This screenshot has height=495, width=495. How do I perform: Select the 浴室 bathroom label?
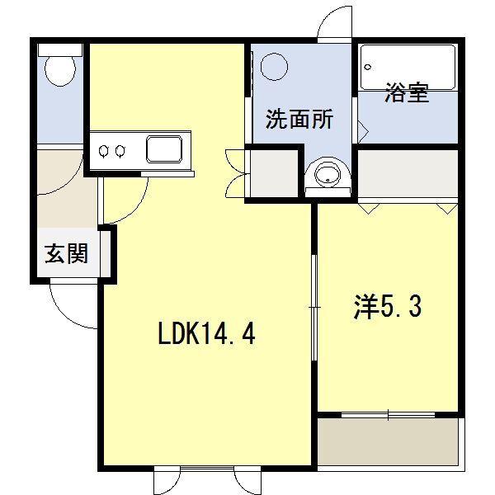coord(406,93)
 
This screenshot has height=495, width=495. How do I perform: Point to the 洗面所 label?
coord(299,119)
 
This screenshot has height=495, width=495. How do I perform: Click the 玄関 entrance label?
coord(66,255)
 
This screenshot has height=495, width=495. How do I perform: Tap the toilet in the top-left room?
coord(59,70)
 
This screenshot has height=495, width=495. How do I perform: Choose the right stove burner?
coord(120,151)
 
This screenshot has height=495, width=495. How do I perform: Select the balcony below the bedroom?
coord(387,441)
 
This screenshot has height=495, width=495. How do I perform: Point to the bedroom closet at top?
coord(408,174)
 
